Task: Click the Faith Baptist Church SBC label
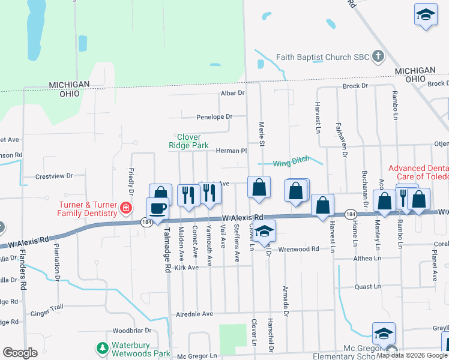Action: (322, 58)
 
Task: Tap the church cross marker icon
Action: (378, 57)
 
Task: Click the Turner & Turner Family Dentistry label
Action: (87, 209)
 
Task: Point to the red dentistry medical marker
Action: (126, 209)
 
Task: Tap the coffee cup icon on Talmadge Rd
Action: (157, 209)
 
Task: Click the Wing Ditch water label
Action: (291, 161)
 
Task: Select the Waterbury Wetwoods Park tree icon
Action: (103, 348)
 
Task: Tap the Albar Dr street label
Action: (233, 93)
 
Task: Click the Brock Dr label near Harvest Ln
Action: (355, 86)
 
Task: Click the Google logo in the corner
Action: (20, 353)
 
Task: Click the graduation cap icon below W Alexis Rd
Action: (264, 232)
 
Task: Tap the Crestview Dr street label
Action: (53, 176)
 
